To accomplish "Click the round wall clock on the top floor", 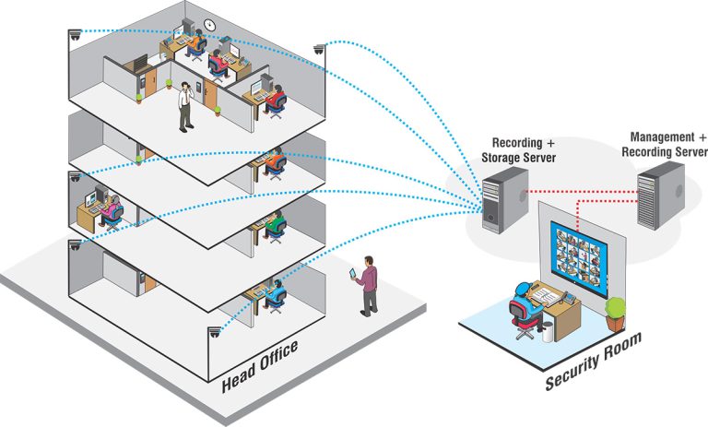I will [210, 25].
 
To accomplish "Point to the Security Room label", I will [593, 363].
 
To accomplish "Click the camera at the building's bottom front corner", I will [216, 333].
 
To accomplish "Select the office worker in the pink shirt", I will [111, 212].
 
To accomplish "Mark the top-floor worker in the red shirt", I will [219, 62].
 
